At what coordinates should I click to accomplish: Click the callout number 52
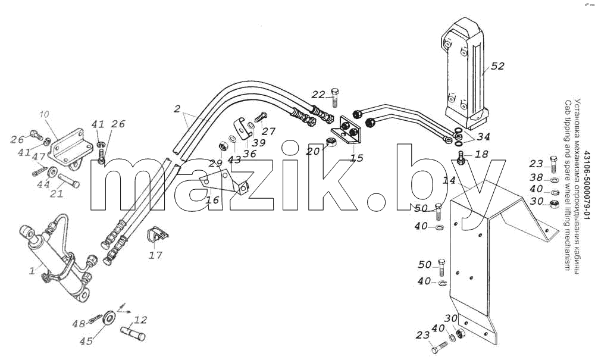[x=497, y=66]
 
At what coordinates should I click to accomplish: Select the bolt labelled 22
[x=334, y=98]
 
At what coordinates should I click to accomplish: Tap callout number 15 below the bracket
[x=356, y=157]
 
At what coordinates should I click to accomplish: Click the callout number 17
[x=155, y=255]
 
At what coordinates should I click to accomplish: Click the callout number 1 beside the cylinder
[x=33, y=271]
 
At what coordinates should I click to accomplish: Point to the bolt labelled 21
[x=68, y=180]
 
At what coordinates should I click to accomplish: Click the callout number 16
[x=212, y=200]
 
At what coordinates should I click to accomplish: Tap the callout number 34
[x=483, y=136]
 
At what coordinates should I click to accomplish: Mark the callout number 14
[x=449, y=181]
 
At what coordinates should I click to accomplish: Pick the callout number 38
[x=536, y=177]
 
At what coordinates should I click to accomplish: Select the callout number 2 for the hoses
[x=177, y=109]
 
